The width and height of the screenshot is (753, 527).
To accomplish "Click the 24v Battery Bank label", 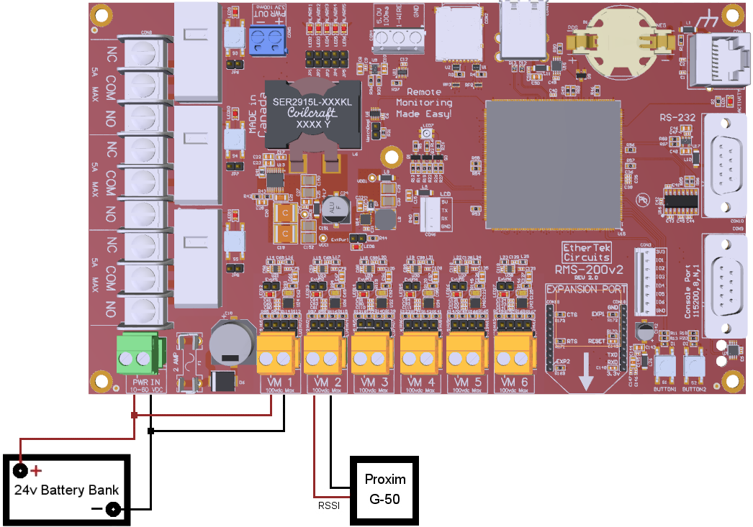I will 67,490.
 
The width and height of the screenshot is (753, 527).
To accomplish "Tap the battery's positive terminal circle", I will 20,471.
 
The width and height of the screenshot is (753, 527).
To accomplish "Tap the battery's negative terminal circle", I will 113,510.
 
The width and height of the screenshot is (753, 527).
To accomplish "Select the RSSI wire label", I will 329,505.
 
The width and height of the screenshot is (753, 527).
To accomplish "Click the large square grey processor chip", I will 553,165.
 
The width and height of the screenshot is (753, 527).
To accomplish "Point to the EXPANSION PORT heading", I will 582,289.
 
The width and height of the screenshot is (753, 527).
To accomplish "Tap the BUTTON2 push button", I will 693,367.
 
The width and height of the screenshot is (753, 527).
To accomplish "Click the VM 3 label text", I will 372,381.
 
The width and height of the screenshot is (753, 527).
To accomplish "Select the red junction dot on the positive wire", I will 134,416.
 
